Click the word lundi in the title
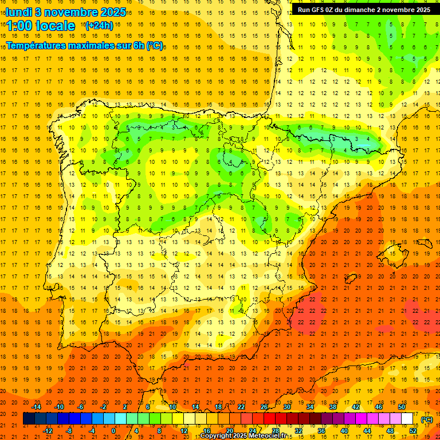click(19, 11)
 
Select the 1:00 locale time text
click(41, 26)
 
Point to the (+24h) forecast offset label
click(99, 26)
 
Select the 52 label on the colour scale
click(413, 431)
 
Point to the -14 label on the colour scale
click(36, 407)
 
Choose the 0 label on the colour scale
click(114, 431)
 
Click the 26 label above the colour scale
click(264, 407)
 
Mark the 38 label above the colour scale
click(332, 407)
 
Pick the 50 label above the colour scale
click(402, 407)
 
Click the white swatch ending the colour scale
click(407, 419)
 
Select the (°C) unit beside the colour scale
click(426, 419)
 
